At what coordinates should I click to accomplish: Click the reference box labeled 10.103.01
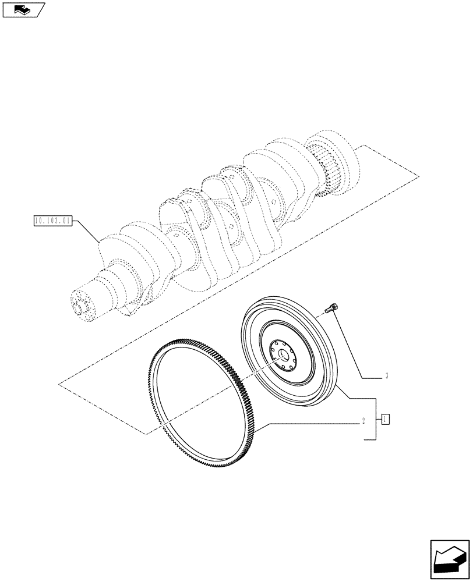point(53,221)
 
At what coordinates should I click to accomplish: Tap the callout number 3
point(386,376)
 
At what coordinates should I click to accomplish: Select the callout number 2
point(363,419)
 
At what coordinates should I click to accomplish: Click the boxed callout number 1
point(385,419)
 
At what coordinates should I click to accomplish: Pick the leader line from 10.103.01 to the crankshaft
point(87,232)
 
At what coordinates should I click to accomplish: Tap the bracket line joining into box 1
point(376,419)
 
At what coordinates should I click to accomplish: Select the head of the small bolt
point(334,306)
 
